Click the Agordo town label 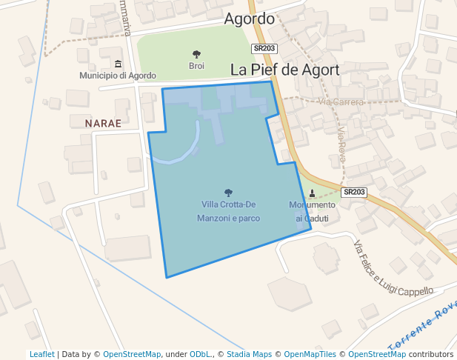[x=249, y=19]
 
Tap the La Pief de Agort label [x=285, y=70]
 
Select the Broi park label [x=196, y=66]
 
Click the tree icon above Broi [x=196, y=54]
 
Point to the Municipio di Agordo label [x=118, y=76]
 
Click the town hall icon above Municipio [x=118, y=64]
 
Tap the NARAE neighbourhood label [x=103, y=123]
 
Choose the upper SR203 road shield [x=264, y=49]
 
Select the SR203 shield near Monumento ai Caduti [x=354, y=192]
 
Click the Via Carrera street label [x=341, y=101]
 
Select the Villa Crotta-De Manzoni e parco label [x=228, y=211]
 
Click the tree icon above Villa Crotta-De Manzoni [x=228, y=193]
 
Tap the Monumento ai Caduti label [x=312, y=211]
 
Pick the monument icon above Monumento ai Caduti [x=312, y=194]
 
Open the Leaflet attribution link [x=42, y=354]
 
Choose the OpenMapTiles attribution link [x=310, y=354]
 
